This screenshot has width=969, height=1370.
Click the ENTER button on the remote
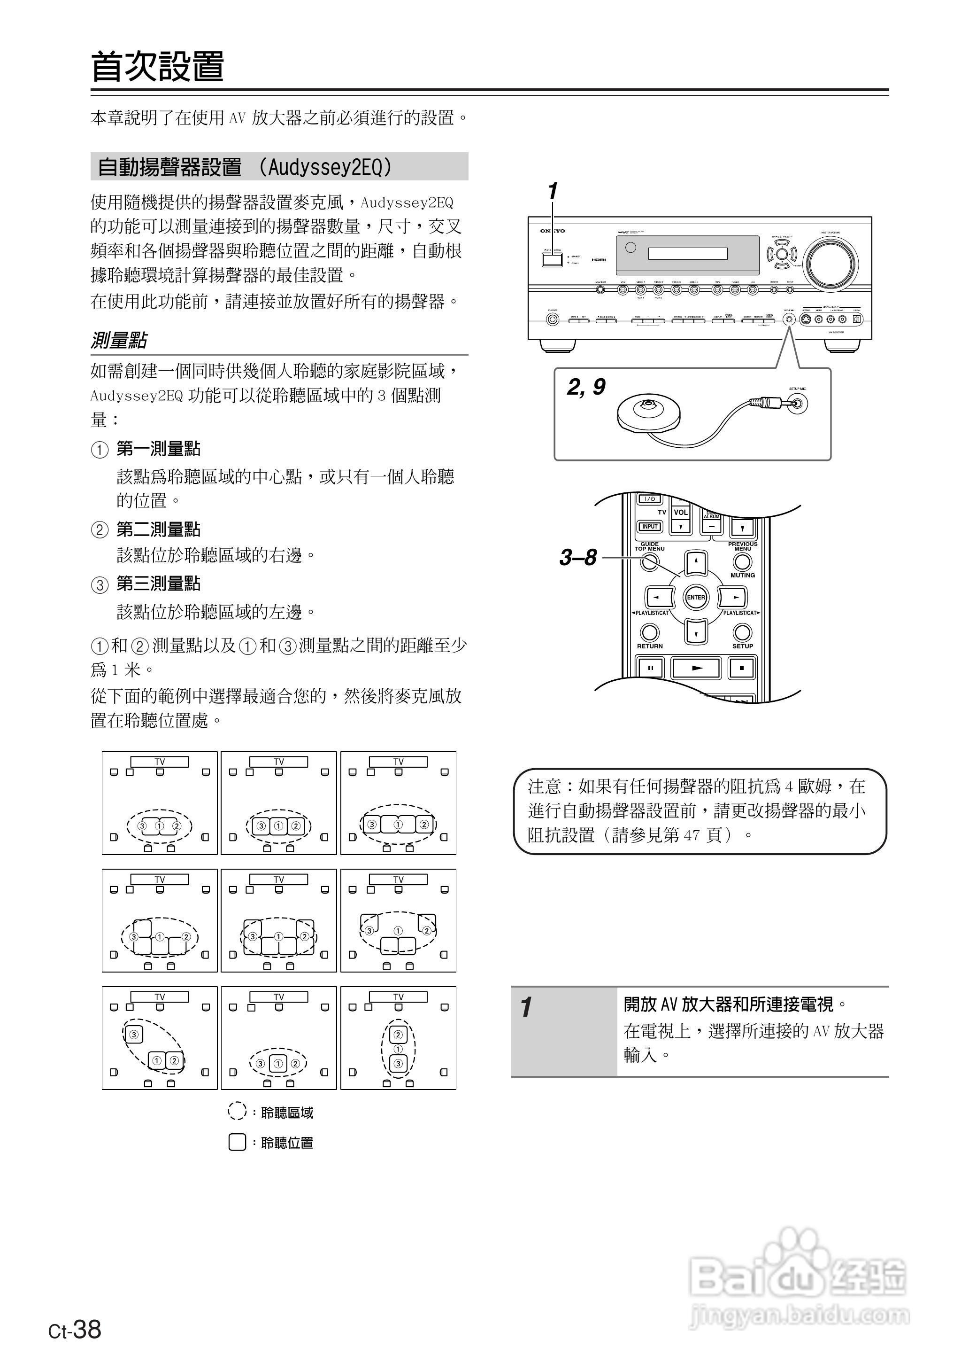[x=696, y=597]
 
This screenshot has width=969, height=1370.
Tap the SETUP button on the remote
[x=742, y=631]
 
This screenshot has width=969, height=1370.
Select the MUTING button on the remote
[x=742, y=562]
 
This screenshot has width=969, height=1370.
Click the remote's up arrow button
[x=696, y=562]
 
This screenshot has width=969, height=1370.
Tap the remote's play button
[x=696, y=668]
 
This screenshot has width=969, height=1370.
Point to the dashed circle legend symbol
[x=237, y=1112]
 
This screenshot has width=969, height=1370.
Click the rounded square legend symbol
[x=237, y=1142]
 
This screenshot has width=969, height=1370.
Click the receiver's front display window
[x=687, y=254]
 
